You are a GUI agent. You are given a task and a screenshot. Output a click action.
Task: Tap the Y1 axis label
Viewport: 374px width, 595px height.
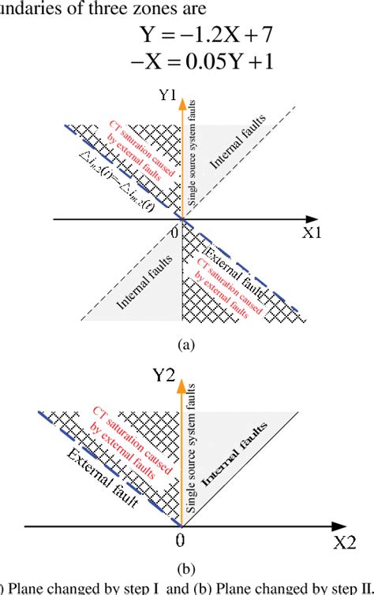point(167,98)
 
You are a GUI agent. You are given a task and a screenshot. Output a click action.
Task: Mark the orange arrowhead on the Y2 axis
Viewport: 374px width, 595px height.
point(182,384)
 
